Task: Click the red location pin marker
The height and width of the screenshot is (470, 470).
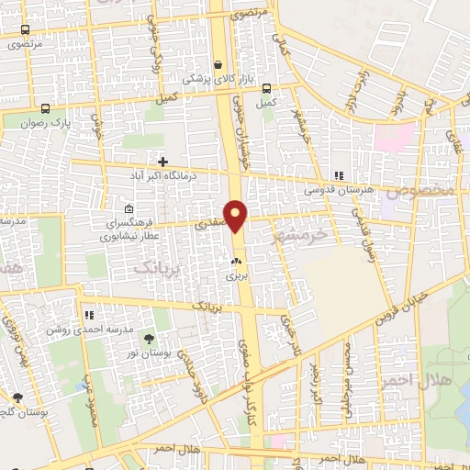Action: pos(236,216)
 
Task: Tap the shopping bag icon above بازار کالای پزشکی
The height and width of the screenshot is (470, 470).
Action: pos(218,64)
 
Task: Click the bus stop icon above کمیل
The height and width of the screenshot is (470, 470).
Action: pos(266,89)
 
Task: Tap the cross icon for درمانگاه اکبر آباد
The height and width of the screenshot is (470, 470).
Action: pos(162,162)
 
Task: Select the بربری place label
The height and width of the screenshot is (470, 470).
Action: pos(237,275)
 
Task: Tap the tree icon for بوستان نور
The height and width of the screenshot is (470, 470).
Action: pos(149,341)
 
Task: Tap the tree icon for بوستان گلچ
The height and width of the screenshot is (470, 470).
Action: pos(17,397)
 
